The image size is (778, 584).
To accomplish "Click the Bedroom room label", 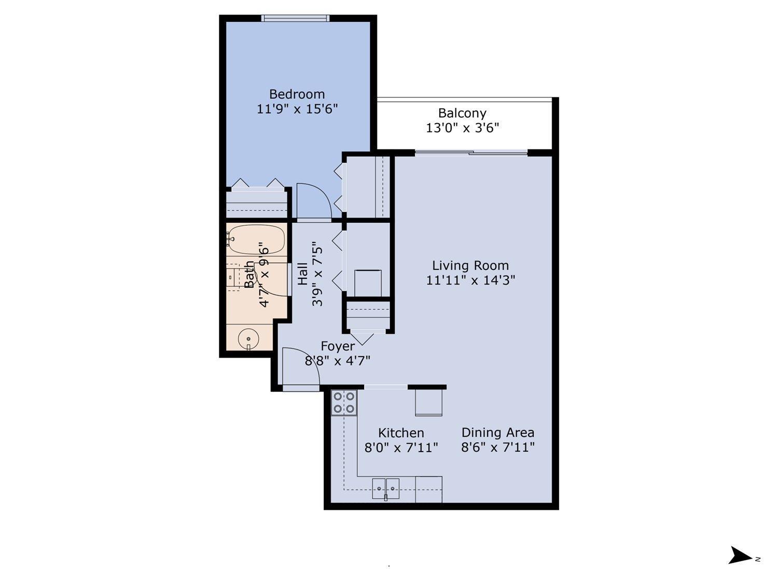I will [297, 94].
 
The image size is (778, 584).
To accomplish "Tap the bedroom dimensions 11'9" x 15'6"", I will [297, 109].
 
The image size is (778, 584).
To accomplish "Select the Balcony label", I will [462, 113].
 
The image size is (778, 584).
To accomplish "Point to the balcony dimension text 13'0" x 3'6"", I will [462, 128].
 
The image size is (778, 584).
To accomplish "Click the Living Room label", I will [470, 266].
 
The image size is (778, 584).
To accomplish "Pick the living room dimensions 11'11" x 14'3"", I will [470, 280].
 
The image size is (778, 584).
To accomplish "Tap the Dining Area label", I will [497, 432].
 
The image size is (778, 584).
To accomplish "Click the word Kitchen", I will [401, 433].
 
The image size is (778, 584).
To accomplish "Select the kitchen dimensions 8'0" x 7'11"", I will [401, 447].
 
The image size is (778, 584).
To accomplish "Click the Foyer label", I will [338, 346].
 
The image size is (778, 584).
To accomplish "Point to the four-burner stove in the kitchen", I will [344, 402].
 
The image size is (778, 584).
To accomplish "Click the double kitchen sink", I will [385, 488].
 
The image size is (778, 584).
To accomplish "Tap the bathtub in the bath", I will [256, 239].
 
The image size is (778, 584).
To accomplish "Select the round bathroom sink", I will [249, 339].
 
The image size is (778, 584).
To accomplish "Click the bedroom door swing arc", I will [314, 200].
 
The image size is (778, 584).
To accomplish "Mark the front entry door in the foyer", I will [300, 369].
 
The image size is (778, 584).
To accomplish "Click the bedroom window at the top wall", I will [295, 18].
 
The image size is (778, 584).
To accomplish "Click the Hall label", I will [303, 274].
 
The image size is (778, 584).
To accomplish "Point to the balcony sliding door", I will [471, 153].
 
